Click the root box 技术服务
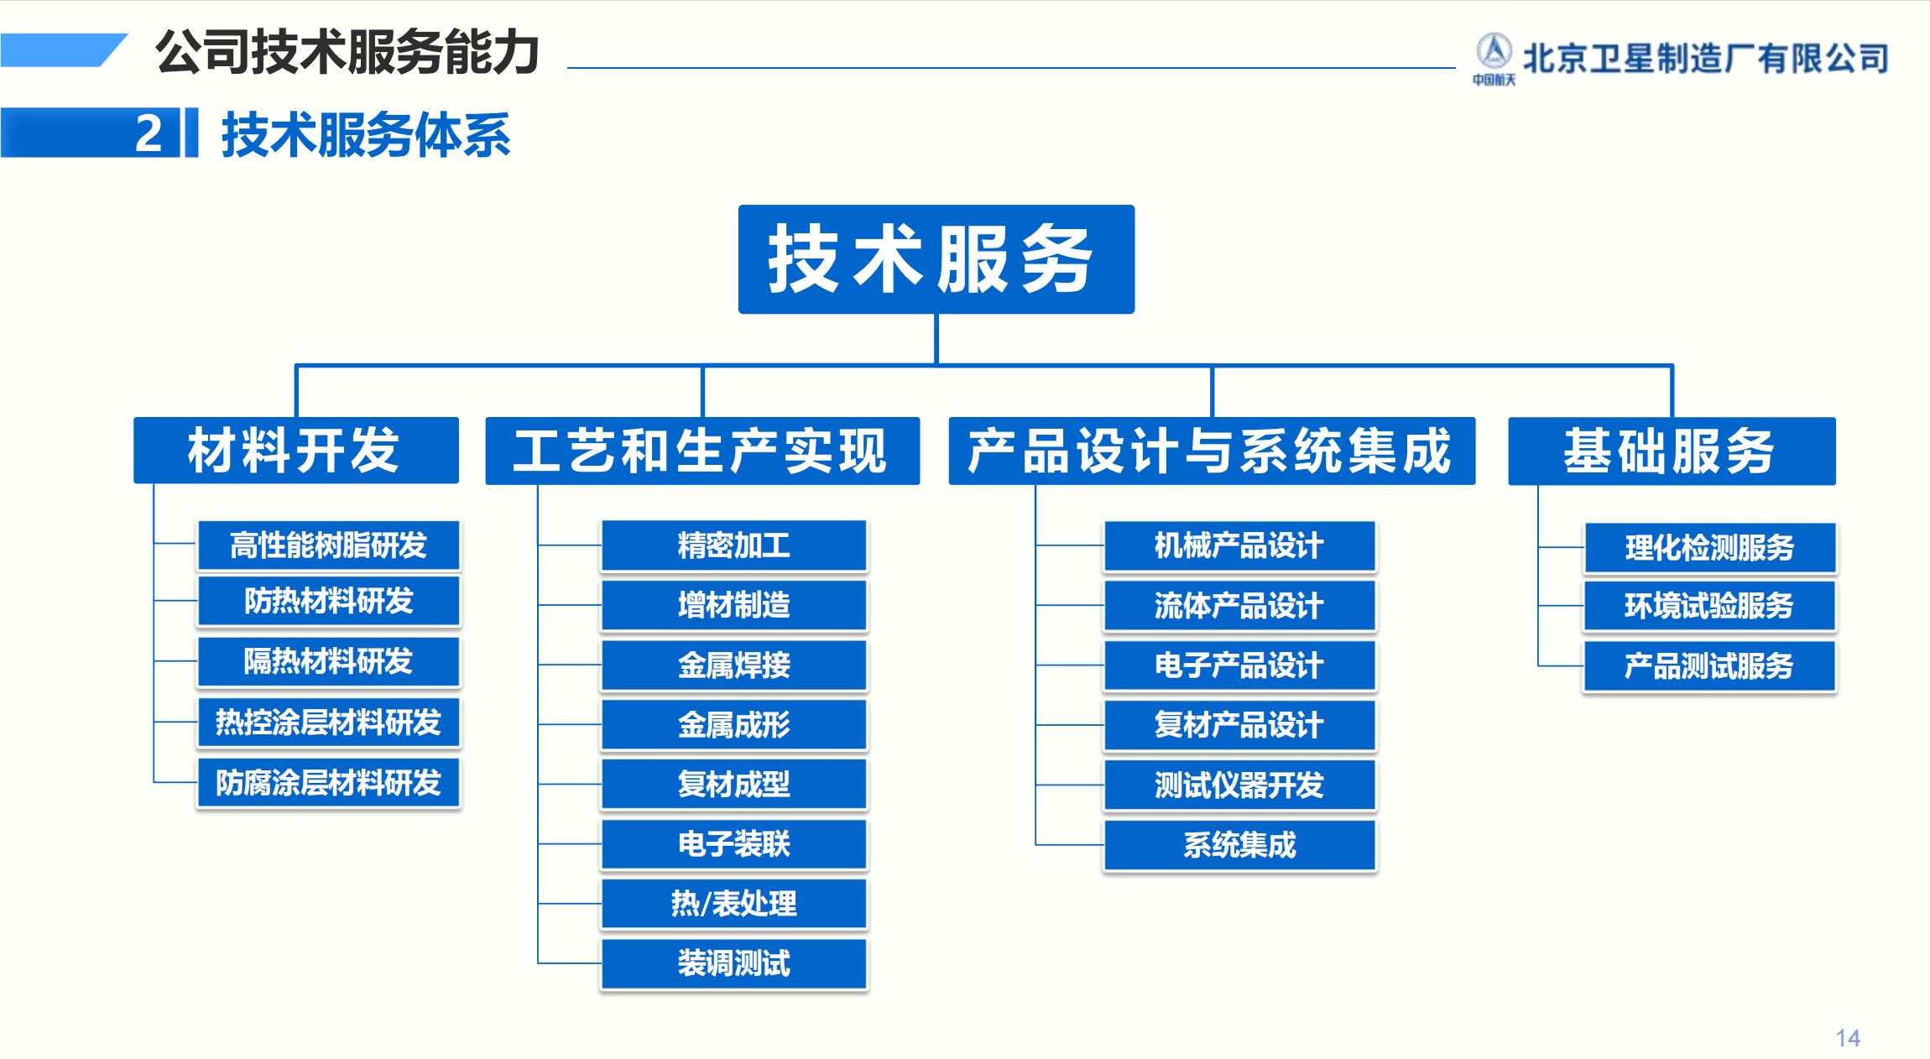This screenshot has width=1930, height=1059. point(936,259)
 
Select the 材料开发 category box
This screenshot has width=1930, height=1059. point(296,451)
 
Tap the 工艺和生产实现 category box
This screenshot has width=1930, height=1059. point(702,451)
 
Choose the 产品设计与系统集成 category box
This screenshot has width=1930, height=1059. point(1212,451)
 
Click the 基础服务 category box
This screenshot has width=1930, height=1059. point(1672,451)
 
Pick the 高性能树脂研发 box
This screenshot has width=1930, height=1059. point(329,545)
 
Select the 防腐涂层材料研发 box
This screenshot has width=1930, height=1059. point(329,783)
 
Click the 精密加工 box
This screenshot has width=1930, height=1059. point(734,545)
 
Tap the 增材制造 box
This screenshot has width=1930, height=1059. point(734,605)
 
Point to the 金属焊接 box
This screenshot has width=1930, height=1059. point(734,665)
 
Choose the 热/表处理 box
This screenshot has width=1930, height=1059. point(734,904)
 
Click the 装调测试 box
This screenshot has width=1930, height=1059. point(734,963)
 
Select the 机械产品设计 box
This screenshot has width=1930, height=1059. point(1239,546)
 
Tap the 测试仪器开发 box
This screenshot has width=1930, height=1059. point(1239,785)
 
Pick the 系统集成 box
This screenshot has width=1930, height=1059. point(1239,845)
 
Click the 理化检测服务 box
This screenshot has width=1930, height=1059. point(1710,548)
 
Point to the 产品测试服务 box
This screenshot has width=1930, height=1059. point(1710,666)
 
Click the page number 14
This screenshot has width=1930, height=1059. point(1848,1038)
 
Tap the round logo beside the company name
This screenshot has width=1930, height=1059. point(1494,52)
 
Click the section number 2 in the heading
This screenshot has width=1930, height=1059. point(149,133)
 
